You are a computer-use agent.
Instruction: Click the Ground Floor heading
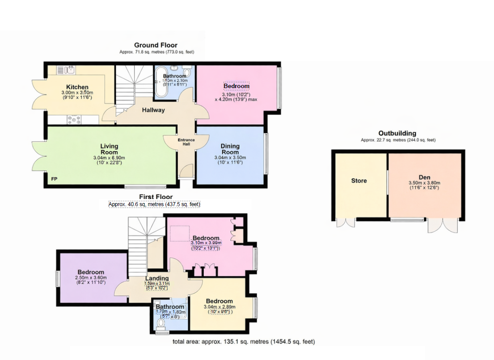[156, 45]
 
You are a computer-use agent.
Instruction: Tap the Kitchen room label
[77, 87]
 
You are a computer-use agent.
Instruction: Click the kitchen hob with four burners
[74, 119]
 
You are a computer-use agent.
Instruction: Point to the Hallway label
[153, 110]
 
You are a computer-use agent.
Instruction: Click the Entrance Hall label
[186, 142]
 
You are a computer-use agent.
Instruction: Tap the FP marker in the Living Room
[54, 179]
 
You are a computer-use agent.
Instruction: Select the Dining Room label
[230, 149]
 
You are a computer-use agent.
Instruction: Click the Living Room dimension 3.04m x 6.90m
[109, 157]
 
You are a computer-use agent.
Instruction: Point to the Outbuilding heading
[397, 133]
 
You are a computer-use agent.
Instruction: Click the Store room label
[359, 181]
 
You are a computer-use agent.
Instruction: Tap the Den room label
[424, 177]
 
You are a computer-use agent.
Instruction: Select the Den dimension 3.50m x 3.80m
[424, 183]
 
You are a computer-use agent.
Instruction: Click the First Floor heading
[156, 197]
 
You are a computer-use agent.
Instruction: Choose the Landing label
[156, 278]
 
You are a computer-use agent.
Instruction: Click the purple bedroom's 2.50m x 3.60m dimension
[91, 278]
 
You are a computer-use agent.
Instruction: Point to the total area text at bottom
[244, 342]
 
